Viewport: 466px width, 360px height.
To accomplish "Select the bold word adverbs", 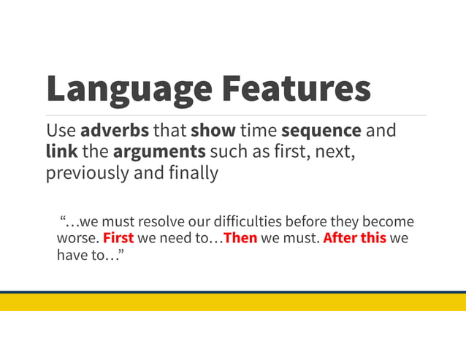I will point(115,131).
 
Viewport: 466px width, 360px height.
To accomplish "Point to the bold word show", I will point(213,131).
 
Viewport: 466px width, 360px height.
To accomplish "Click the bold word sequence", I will point(321,131).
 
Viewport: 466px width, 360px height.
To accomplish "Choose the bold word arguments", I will point(158,152).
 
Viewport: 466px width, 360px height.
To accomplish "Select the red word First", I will point(118,238).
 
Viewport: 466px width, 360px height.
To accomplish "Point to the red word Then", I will point(240,238).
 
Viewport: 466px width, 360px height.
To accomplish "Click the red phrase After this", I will point(354,238).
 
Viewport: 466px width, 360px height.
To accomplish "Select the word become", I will point(388,221).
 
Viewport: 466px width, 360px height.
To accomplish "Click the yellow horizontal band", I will point(233,302).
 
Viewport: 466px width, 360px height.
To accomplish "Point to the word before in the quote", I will point(307,221).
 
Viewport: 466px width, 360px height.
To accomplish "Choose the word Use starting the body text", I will point(61,131).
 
